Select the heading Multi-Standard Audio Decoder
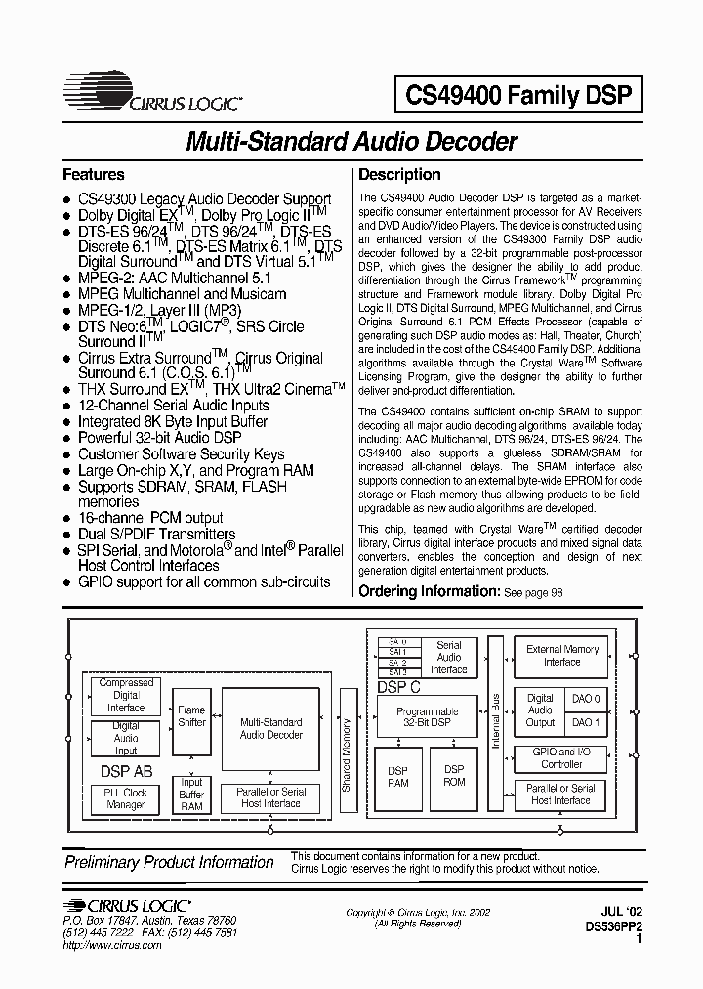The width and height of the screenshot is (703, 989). point(351,142)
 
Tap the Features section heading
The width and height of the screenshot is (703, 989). point(94,175)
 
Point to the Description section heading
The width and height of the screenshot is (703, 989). point(399,175)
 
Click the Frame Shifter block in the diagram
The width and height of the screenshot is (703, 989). point(191,716)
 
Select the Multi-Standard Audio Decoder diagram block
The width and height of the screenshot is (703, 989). point(270,728)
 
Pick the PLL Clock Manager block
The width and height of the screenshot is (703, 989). point(126,798)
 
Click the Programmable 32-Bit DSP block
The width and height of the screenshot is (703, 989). point(427,717)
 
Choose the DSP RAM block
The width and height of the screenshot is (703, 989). point(398,776)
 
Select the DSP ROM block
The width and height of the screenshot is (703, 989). point(454,776)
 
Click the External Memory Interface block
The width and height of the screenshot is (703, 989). point(562,655)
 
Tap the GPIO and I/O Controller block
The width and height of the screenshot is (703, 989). point(561,758)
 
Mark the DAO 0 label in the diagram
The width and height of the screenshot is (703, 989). point(586,698)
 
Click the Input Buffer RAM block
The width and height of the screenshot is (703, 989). point(191,795)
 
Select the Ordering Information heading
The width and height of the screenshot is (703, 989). point(429,591)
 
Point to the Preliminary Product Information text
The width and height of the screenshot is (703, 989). point(169,862)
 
